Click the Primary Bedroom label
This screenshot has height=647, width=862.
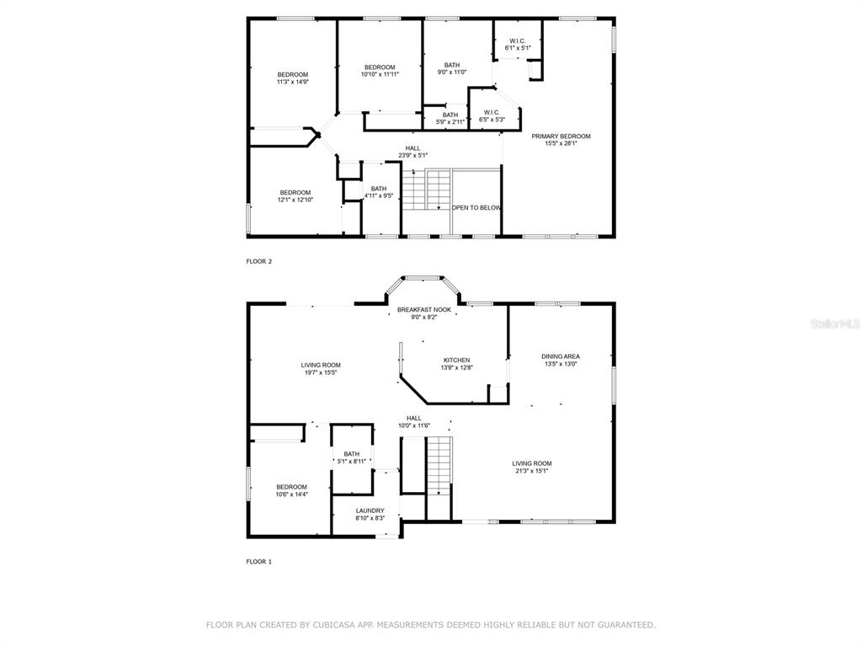tap(561, 136)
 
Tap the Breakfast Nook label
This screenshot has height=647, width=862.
tap(424, 310)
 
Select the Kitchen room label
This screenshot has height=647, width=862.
tap(457, 361)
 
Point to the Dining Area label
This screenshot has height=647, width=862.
tap(560, 356)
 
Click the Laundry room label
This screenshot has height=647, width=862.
tap(370, 511)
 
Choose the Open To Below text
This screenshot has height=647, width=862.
tap(476, 208)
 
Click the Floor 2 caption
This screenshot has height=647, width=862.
tap(259, 261)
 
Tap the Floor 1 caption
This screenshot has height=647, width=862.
tap(259, 562)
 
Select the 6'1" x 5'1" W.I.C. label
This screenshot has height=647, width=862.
tap(518, 45)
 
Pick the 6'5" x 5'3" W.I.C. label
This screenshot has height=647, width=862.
tap(492, 116)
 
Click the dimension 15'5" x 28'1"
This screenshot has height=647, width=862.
tap(561, 143)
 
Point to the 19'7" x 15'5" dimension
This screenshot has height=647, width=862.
tap(321, 372)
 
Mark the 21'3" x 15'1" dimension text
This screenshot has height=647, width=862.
tap(532, 471)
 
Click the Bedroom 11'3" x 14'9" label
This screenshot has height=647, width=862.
tap(292, 78)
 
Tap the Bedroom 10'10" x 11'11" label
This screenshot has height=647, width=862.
tap(380, 71)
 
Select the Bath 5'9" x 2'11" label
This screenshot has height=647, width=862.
tap(450, 118)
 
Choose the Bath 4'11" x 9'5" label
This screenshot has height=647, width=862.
tap(378, 192)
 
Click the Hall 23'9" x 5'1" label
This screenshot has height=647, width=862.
tap(412, 152)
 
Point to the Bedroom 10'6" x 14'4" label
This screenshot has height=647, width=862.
tap(291, 491)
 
